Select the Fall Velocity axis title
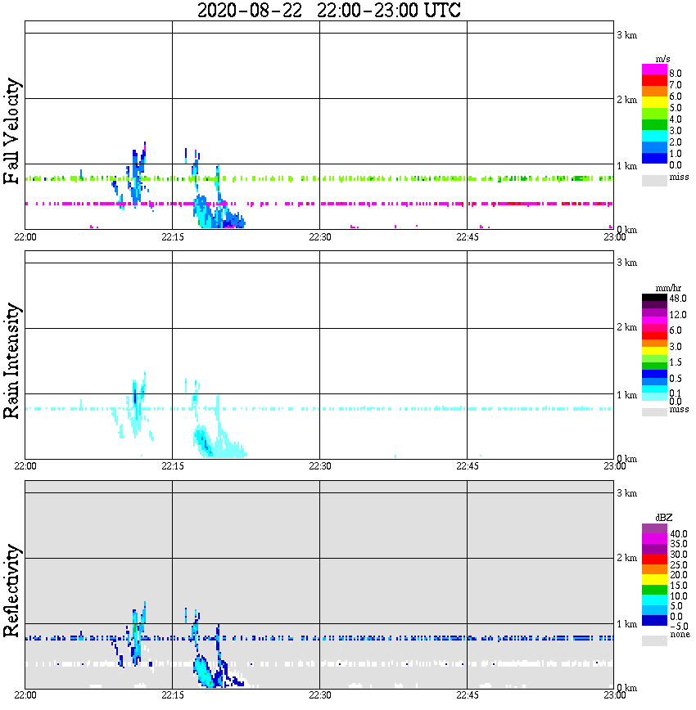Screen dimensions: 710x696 (x=11, y=132)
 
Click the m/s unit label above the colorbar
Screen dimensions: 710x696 (x=664, y=59)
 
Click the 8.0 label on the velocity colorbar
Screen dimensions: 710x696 (x=676, y=74)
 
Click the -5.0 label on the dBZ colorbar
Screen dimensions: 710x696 (x=678, y=626)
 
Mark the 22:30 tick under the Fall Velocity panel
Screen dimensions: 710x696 (x=319, y=237)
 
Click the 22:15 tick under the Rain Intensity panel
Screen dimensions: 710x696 (x=172, y=465)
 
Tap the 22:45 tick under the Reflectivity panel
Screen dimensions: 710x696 (x=467, y=695)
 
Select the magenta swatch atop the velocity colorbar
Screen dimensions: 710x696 (x=654, y=70)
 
